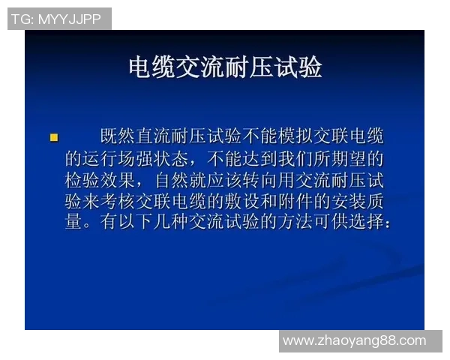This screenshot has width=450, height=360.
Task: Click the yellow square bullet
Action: click(x=53, y=136)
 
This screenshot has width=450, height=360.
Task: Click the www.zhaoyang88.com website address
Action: click(x=354, y=340)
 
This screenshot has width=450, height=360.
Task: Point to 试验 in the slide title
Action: click(x=298, y=67)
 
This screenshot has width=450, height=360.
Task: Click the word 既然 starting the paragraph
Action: click(x=118, y=136)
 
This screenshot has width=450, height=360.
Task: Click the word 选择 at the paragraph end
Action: click(x=365, y=223)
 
